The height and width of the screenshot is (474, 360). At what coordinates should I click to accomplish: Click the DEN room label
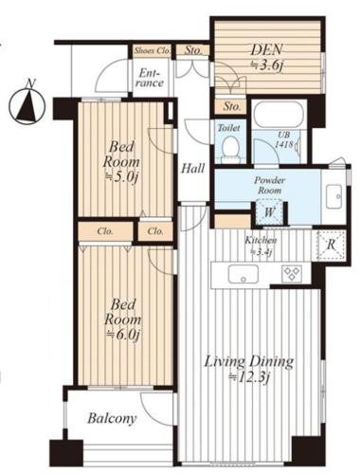click(x=267, y=50)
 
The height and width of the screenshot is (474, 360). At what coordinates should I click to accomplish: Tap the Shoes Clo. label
click(x=153, y=50)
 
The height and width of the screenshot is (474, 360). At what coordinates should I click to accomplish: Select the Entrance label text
click(x=152, y=78)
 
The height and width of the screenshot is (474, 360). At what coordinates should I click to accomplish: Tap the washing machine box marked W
click(x=269, y=211)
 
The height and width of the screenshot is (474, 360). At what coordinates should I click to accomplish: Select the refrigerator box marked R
click(x=332, y=246)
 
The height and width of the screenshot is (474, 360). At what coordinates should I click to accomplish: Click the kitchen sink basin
click(x=243, y=274)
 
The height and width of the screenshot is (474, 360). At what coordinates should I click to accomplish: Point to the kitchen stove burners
click(x=292, y=274)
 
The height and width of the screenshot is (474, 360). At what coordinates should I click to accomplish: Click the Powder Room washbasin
click(x=334, y=196)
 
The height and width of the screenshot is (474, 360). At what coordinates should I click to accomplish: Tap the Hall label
click(x=193, y=168)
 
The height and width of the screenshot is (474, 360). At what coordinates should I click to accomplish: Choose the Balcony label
click(x=112, y=418)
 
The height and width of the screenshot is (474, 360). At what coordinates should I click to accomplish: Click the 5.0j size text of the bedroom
click(x=122, y=177)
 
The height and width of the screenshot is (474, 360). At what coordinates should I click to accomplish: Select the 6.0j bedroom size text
click(x=123, y=335)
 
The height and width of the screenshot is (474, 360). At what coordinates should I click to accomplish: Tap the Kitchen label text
click(x=261, y=240)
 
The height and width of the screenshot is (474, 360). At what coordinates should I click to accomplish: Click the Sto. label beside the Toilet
click(x=232, y=106)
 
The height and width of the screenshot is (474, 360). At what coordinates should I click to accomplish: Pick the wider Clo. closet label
click(x=105, y=231)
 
